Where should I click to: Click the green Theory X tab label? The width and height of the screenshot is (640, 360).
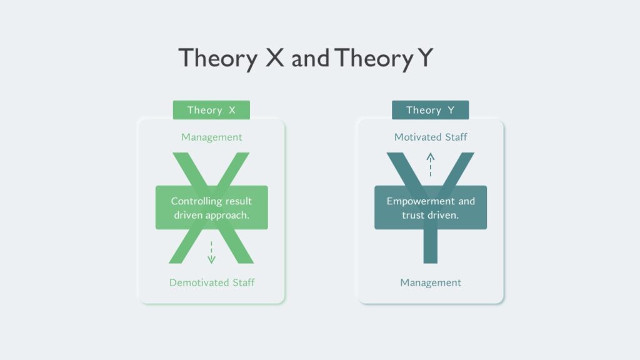point(211,110)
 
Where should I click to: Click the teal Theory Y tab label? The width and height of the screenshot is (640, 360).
point(430,110)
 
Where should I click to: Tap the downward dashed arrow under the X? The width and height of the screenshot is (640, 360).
point(211,252)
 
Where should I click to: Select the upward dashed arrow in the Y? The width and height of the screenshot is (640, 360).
point(430,164)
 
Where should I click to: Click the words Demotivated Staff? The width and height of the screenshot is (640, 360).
point(212,282)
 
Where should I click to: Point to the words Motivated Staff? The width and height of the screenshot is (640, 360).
point(431,137)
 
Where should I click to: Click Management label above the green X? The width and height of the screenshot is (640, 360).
point(211,137)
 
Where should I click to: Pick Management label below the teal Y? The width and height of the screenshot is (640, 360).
point(431,282)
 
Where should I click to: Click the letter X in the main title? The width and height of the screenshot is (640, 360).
point(275,57)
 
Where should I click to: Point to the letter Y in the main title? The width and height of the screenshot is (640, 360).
point(425,57)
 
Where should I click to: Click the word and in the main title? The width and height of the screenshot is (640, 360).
point(310,58)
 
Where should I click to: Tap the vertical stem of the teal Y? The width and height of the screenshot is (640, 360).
point(430,246)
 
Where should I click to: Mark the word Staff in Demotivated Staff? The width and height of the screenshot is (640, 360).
point(244,282)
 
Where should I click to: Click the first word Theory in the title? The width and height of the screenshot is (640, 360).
point(218,58)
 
